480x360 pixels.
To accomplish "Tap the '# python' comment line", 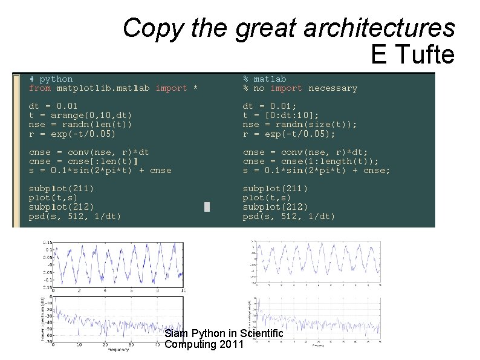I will (x=51, y=79).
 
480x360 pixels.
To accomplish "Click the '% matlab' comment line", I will (x=265, y=79).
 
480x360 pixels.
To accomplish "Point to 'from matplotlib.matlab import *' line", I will (x=113, y=88).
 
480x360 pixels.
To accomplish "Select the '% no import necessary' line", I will (x=300, y=88).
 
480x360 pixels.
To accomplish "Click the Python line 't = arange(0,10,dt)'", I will (x=80, y=115).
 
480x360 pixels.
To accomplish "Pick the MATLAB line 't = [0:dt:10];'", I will (x=281, y=115).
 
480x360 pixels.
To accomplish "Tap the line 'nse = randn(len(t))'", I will (x=80, y=125).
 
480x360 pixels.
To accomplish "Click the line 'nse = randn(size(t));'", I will (x=300, y=125).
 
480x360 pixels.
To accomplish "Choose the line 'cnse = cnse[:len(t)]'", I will (x=83, y=162).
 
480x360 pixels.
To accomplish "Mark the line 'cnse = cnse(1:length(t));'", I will (x=311, y=162).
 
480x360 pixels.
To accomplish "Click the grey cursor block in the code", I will (x=207, y=208).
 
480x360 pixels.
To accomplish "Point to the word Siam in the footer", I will (x=176, y=333).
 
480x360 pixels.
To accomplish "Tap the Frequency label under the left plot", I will (x=118, y=350).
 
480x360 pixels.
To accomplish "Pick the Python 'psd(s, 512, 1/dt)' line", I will (x=75, y=216).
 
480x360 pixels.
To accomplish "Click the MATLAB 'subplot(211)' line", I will (x=275, y=189).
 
